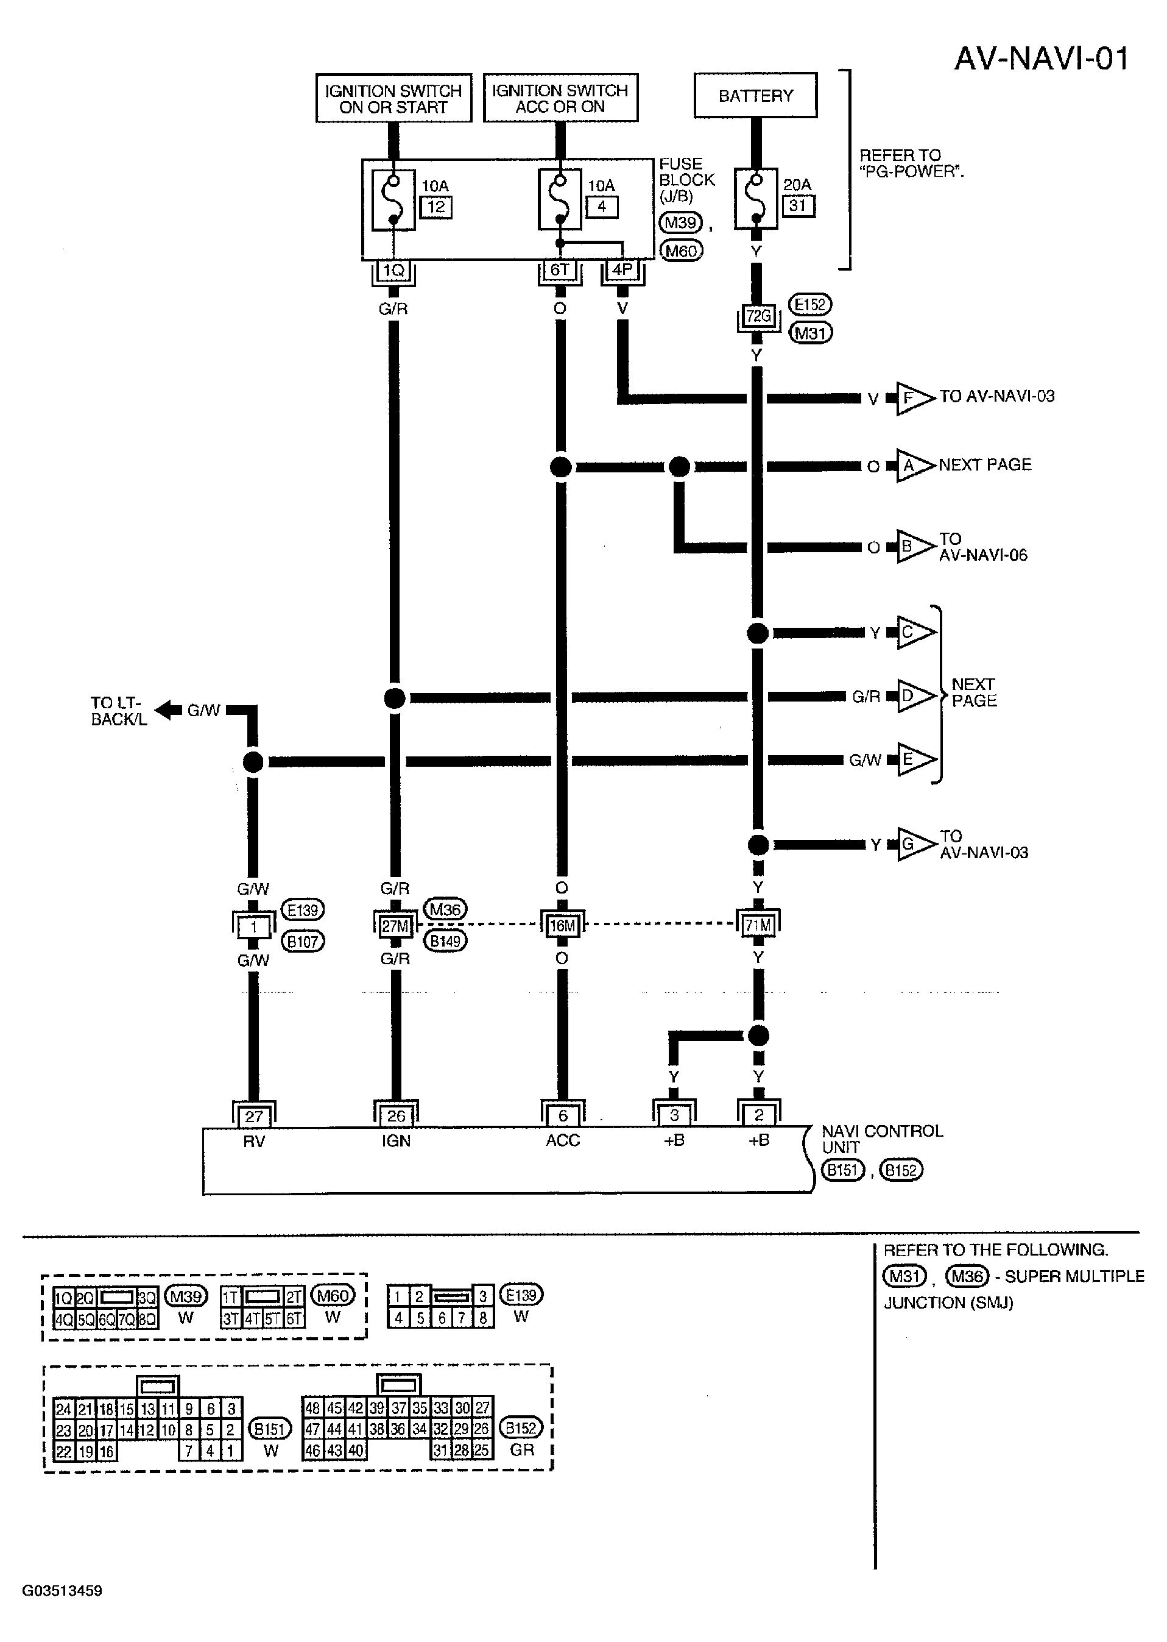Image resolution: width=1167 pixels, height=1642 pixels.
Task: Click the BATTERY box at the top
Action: click(755, 95)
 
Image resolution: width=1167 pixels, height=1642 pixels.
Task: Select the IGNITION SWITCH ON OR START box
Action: click(393, 99)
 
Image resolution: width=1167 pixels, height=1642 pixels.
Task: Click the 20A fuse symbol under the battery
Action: click(755, 199)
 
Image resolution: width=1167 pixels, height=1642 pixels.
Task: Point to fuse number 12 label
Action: click(436, 207)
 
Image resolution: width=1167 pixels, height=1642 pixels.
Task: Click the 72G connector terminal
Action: click(758, 316)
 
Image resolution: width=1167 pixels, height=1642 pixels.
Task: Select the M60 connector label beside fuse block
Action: click(680, 251)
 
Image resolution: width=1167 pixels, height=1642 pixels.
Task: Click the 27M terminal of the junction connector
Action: click(395, 926)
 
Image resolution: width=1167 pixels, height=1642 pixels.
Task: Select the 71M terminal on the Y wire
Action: click(758, 926)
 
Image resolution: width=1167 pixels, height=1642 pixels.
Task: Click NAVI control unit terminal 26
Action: click(396, 1116)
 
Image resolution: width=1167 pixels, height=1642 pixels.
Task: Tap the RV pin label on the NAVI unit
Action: click(253, 1141)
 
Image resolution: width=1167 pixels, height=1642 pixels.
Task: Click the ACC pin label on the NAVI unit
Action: click(562, 1140)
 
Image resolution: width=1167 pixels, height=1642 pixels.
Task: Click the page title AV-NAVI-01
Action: click(1042, 59)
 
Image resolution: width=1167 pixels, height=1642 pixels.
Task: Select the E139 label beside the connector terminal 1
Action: click(302, 910)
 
